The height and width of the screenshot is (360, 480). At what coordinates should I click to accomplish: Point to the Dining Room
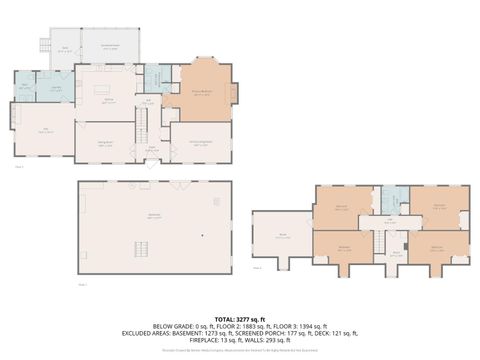click(103, 142)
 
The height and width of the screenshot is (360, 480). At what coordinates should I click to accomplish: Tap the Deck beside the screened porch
click(64, 50)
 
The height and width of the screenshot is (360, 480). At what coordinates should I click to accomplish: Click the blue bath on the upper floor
click(394, 199)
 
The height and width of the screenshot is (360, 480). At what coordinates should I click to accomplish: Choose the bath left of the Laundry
click(24, 89)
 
